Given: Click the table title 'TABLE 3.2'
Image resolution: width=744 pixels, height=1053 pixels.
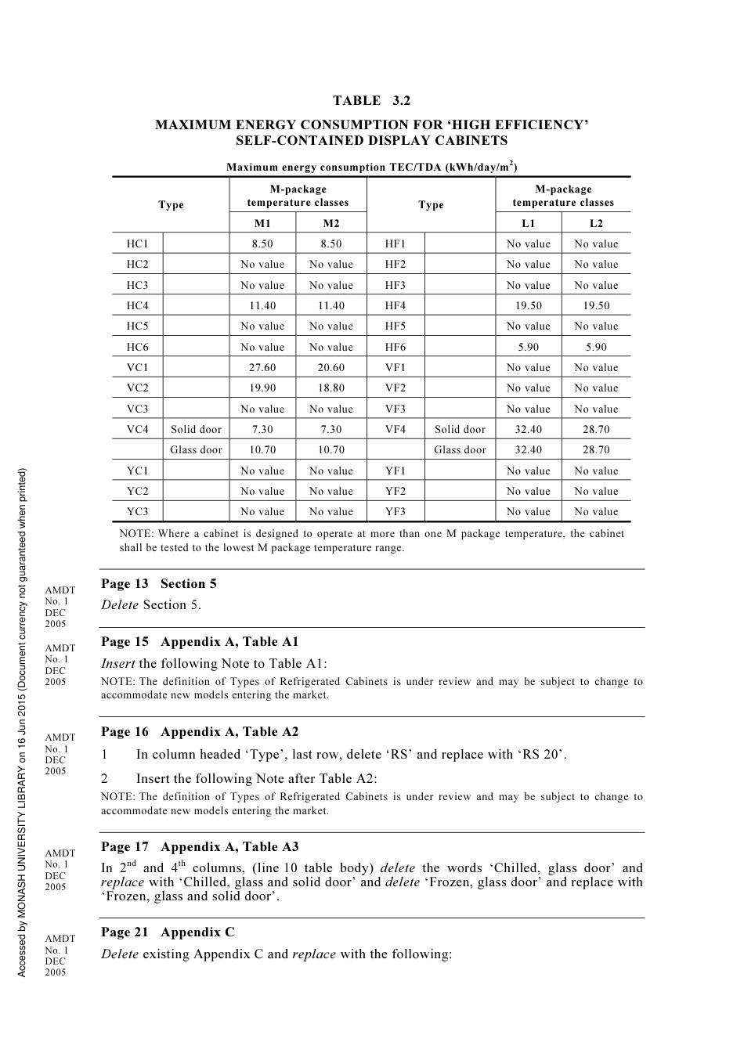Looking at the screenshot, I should tap(371, 100).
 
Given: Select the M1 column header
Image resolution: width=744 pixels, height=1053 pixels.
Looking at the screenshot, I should tap(262, 224).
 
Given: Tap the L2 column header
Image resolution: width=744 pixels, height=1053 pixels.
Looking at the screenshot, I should tap(596, 224).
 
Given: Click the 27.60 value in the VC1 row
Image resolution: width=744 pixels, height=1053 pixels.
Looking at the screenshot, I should tap(262, 367).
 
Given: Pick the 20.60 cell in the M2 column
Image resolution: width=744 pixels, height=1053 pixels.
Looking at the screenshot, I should tap(330, 367).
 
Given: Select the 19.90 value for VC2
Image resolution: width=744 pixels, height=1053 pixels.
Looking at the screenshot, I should tap(262, 388).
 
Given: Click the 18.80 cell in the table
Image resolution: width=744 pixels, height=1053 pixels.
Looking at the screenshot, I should tap(330, 388).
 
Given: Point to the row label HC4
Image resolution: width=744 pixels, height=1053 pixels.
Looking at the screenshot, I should tap(137, 305).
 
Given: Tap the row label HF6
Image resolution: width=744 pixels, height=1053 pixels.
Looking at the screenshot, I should tap(395, 347).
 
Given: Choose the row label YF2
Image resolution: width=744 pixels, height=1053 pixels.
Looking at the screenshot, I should tap(395, 491).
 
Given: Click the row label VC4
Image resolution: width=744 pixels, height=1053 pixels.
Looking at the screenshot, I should tap(137, 429).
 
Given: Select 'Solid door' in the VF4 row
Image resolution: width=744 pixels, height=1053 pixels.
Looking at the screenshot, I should tap(460, 429).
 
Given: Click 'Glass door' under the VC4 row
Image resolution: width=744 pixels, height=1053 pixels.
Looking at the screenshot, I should tap(196, 449).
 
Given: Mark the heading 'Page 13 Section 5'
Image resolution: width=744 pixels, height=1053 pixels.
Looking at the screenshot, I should tap(159, 583).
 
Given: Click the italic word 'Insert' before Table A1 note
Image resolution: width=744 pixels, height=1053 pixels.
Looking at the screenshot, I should tap(118, 663).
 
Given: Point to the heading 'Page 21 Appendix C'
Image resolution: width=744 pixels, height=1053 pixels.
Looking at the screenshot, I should tap(168, 932).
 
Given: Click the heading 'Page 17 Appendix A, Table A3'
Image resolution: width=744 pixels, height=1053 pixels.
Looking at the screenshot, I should tap(200, 846).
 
